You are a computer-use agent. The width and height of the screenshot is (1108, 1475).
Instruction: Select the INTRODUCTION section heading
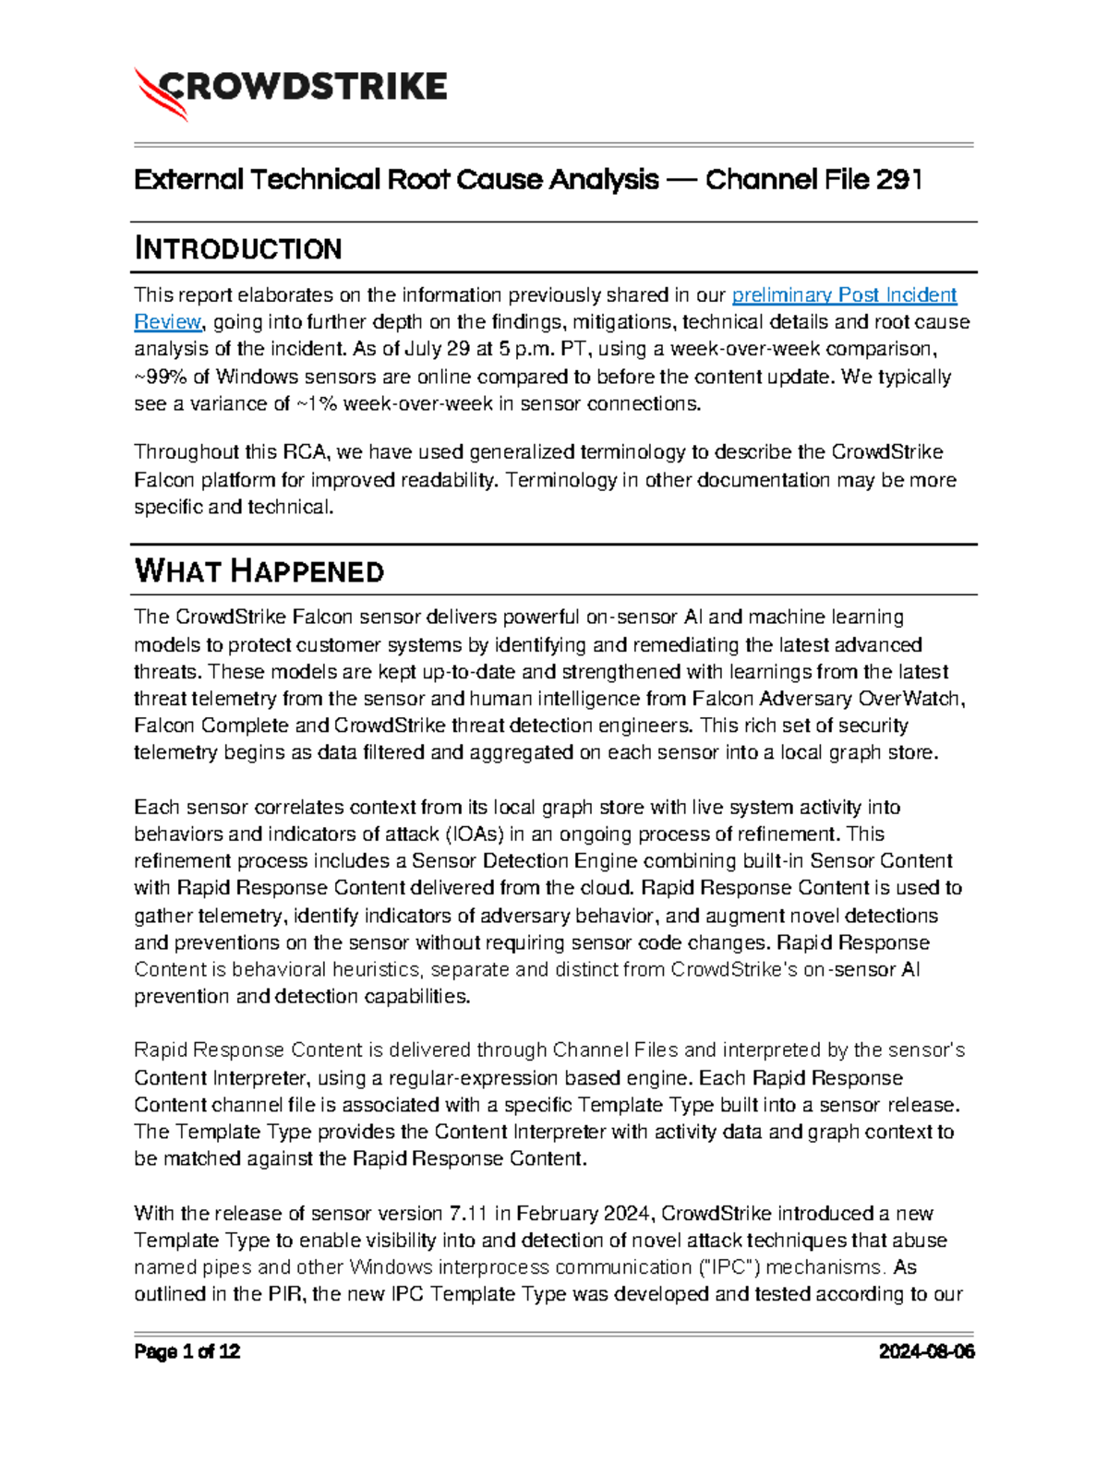point(238,248)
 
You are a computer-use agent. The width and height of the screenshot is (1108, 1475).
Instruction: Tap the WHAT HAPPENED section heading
point(259,571)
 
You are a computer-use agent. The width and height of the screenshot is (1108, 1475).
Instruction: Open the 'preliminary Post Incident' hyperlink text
point(844,295)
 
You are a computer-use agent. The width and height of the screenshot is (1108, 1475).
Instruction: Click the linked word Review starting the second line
point(167,322)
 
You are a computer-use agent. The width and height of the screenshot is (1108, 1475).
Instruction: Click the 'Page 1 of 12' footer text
point(187,1352)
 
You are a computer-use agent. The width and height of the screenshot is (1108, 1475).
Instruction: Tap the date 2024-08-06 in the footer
point(926,1352)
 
